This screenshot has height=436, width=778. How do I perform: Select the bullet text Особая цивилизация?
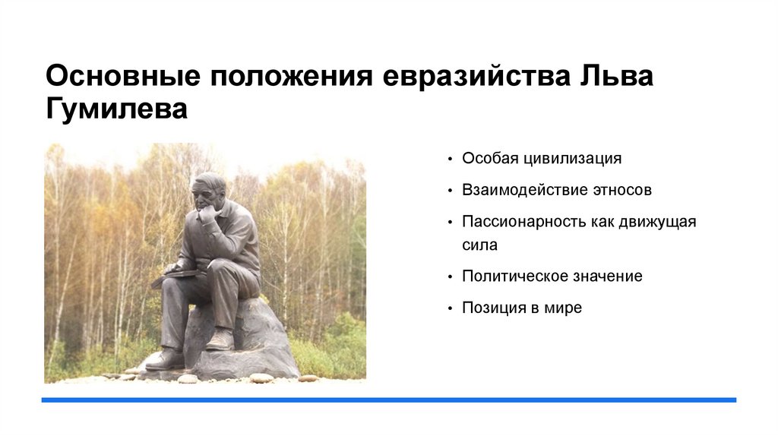[542, 159]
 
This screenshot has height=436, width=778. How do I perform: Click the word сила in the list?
[479, 245]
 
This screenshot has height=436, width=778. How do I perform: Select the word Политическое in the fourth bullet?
[508, 276]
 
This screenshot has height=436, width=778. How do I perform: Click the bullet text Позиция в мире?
[521, 308]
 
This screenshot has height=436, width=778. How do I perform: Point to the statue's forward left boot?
[165, 359]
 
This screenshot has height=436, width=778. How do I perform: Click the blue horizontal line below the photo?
[388, 400]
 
